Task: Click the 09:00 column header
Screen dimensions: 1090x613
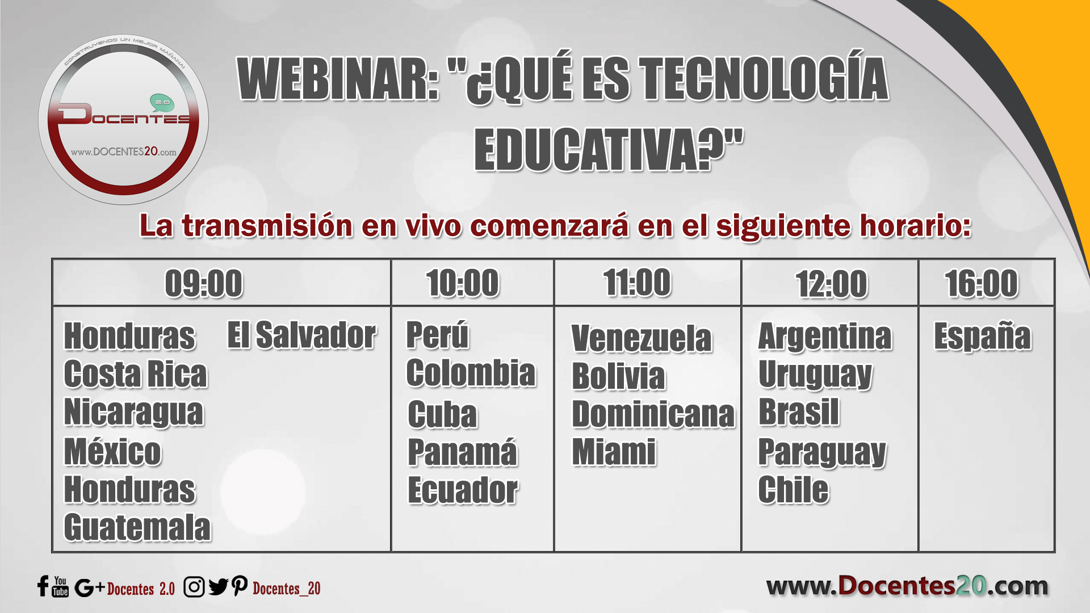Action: tap(204, 283)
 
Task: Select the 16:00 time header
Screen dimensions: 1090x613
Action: tap(982, 283)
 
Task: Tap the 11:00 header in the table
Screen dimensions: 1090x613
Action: tap(637, 282)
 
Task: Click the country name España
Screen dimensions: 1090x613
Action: tap(983, 337)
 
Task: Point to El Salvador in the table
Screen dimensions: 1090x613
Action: tap(301, 335)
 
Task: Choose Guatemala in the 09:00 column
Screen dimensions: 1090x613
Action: tap(137, 527)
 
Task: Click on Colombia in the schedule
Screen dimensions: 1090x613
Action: tap(471, 373)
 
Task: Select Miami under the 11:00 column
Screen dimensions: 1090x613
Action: tap(614, 452)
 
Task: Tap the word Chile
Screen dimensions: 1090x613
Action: tap(794, 489)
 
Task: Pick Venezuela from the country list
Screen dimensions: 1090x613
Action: tap(642, 338)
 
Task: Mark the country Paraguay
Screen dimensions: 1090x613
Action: tap(822, 452)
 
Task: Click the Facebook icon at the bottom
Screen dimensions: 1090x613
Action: tap(43, 586)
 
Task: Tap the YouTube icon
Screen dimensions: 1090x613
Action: tap(60, 586)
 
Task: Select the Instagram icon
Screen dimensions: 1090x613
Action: tap(194, 587)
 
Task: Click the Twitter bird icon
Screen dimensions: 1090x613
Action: tap(218, 587)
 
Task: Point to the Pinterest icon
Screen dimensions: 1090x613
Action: tap(240, 586)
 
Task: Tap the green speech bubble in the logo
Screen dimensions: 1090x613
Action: tap(162, 103)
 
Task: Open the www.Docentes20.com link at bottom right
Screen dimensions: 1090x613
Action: tap(907, 585)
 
